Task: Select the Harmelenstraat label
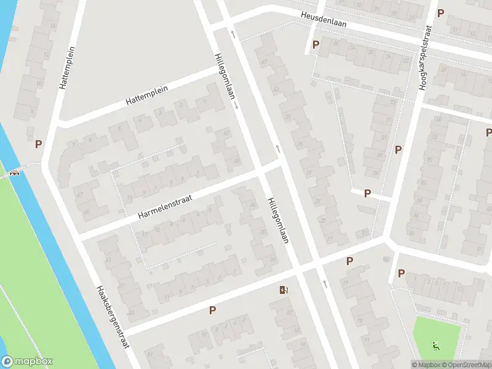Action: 165,206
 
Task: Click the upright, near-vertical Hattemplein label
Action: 67,68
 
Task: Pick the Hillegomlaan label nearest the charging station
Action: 278,220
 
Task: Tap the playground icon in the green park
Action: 436,346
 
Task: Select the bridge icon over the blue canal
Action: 14,172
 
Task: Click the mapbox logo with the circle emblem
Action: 27,362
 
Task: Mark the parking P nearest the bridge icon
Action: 39,145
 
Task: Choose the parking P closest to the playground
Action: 401,273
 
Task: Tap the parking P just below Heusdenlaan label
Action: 316,44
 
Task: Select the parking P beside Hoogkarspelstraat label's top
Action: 440,13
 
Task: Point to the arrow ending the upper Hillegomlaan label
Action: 236,106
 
